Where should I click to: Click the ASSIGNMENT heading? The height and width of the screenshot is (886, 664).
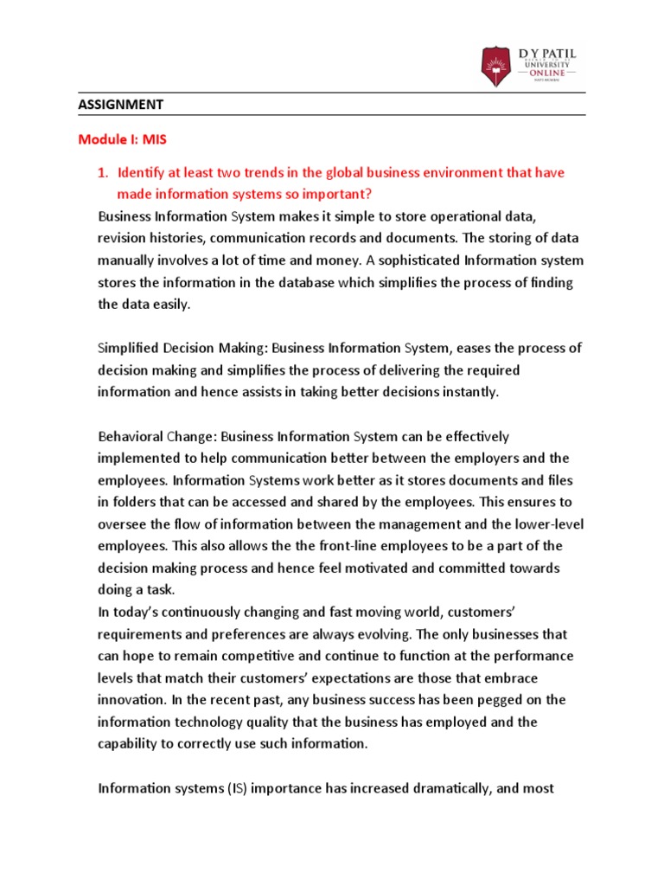click(121, 105)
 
